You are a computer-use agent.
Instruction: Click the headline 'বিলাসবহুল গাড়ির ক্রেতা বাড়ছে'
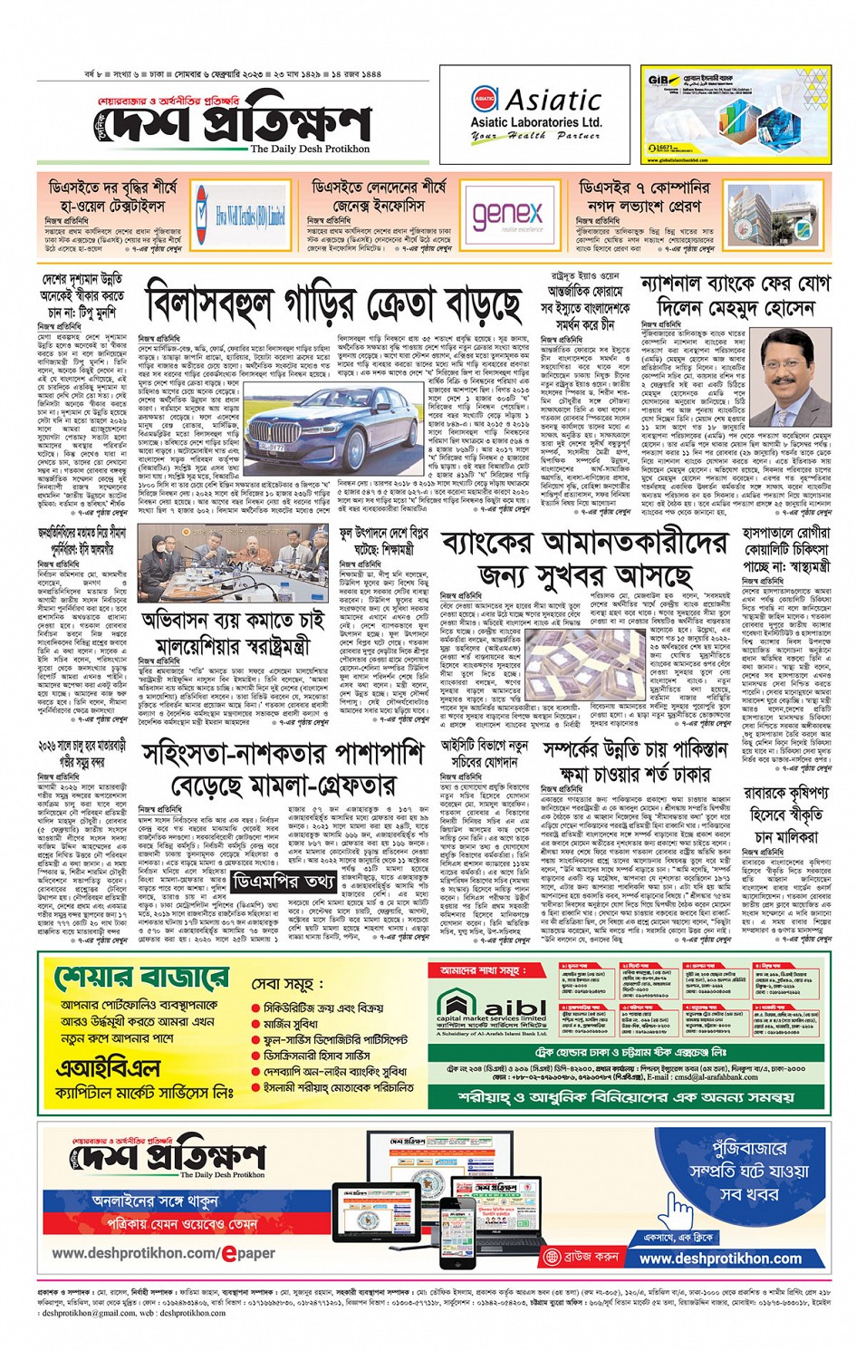point(334,303)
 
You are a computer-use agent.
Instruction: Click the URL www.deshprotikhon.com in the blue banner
point(720,1258)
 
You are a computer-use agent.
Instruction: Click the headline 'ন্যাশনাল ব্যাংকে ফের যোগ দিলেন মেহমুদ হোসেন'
point(735,295)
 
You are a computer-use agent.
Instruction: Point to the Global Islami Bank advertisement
point(736,114)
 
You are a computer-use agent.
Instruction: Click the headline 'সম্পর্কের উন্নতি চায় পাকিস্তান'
point(635,751)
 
